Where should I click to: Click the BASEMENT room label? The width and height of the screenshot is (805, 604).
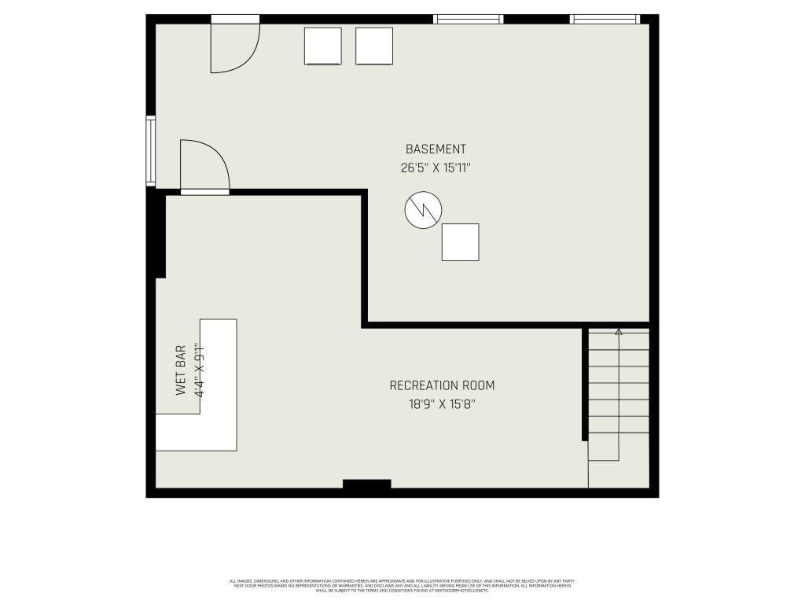click(x=436, y=149)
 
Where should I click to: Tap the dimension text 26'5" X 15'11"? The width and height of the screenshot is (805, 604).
click(x=436, y=168)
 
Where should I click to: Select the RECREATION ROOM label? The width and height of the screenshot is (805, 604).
click(x=443, y=385)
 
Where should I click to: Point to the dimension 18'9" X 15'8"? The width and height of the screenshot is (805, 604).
click(x=443, y=404)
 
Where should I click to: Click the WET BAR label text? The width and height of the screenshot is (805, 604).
click(x=181, y=370)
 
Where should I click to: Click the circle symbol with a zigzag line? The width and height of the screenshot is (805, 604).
click(x=423, y=210)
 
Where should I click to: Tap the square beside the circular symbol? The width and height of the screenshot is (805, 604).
click(x=460, y=242)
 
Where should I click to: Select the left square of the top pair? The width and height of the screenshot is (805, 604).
click(x=322, y=46)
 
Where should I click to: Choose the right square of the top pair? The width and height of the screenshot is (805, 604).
click(x=373, y=46)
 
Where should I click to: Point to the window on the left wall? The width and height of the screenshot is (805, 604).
click(x=150, y=151)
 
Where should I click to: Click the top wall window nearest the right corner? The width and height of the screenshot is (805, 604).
click(x=605, y=19)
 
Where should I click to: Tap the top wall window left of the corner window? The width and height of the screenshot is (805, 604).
click(x=468, y=19)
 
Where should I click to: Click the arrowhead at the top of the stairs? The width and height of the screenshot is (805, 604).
click(x=619, y=333)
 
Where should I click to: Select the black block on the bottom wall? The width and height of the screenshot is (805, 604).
click(x=367, y=484)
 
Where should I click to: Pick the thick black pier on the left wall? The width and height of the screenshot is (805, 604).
click(x=160, y=236)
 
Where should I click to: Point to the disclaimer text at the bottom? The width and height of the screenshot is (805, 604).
click(x=402, y=585)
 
